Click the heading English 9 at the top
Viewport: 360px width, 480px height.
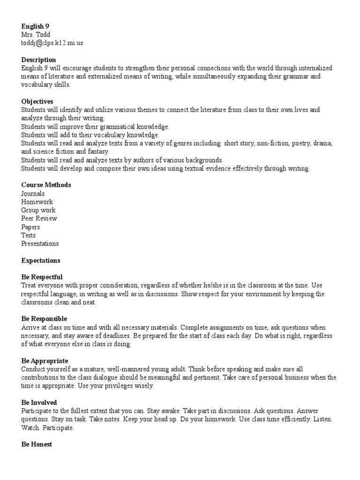click(x=35, y=26)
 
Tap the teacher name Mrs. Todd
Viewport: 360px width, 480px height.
click(x=36, y=35)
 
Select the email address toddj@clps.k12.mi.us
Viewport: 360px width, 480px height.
click(x=52, y=43)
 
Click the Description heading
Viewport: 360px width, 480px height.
click(x=38, y=60)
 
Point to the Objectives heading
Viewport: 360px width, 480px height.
click(x=37, y=101)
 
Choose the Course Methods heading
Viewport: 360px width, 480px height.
click(x=46, y=185)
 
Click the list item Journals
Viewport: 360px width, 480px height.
click(x=33, y=193)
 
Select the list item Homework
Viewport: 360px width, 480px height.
click(x=37, y=202)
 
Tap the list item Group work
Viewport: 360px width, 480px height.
click(x=38, y=210)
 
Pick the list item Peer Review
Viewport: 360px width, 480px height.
click(x=39, y=218)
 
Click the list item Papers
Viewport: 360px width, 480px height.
click(x=30, y=227)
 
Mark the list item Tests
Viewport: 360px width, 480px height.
click(x=28, y=235)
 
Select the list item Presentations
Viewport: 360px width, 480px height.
click(x=40, y=244)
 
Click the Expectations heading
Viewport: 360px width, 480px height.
click(x=41, y=260)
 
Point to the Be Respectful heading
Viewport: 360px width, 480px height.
click(x=42, y=277)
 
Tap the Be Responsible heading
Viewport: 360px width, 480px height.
click(x=44, y=319)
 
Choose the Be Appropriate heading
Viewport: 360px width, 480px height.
click(x=45, y=361)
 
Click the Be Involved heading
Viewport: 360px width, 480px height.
click(x=39, y=403)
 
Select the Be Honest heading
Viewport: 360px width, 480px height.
click(x=37, y=444)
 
